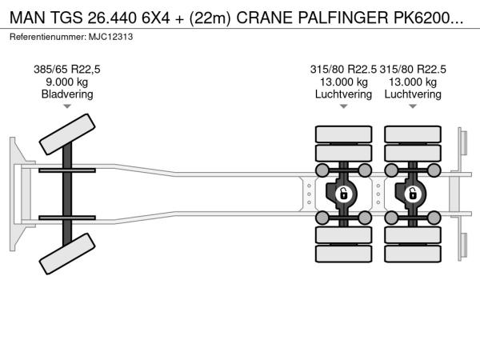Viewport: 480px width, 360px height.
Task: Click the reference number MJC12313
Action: pos(111,37)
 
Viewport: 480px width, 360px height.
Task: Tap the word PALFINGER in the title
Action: pos(343,18)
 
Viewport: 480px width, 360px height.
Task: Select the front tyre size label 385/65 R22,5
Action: pos(67,70)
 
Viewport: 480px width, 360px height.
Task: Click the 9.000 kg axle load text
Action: pos(67,82)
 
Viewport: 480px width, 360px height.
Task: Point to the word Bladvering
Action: pos(67,94)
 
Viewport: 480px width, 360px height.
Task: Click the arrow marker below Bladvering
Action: pos(67,106)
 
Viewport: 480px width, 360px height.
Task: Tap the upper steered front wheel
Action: pos(67,134)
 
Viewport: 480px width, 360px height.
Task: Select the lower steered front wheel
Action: pos(67,254)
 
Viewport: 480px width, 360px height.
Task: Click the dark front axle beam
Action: pos(67,194)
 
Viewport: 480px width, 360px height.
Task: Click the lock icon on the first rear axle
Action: pos(343,194)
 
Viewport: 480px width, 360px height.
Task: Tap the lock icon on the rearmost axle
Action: pos(413,194)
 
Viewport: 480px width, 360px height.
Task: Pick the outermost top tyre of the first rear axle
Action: pos(343,134)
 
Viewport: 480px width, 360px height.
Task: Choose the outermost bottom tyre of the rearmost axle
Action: pos(413,254)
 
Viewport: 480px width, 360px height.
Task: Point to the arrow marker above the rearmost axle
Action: pos(413,106)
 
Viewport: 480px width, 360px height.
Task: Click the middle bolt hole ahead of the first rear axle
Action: pos(309,194)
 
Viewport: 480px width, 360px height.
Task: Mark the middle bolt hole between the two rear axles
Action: pos(378,194)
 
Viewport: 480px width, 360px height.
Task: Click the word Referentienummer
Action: pos(48,37)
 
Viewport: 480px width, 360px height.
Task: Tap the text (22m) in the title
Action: pos(210,18)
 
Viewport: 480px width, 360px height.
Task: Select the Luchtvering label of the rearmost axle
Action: pos(413,94)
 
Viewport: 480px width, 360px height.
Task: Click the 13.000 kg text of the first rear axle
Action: pos(343,82)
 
